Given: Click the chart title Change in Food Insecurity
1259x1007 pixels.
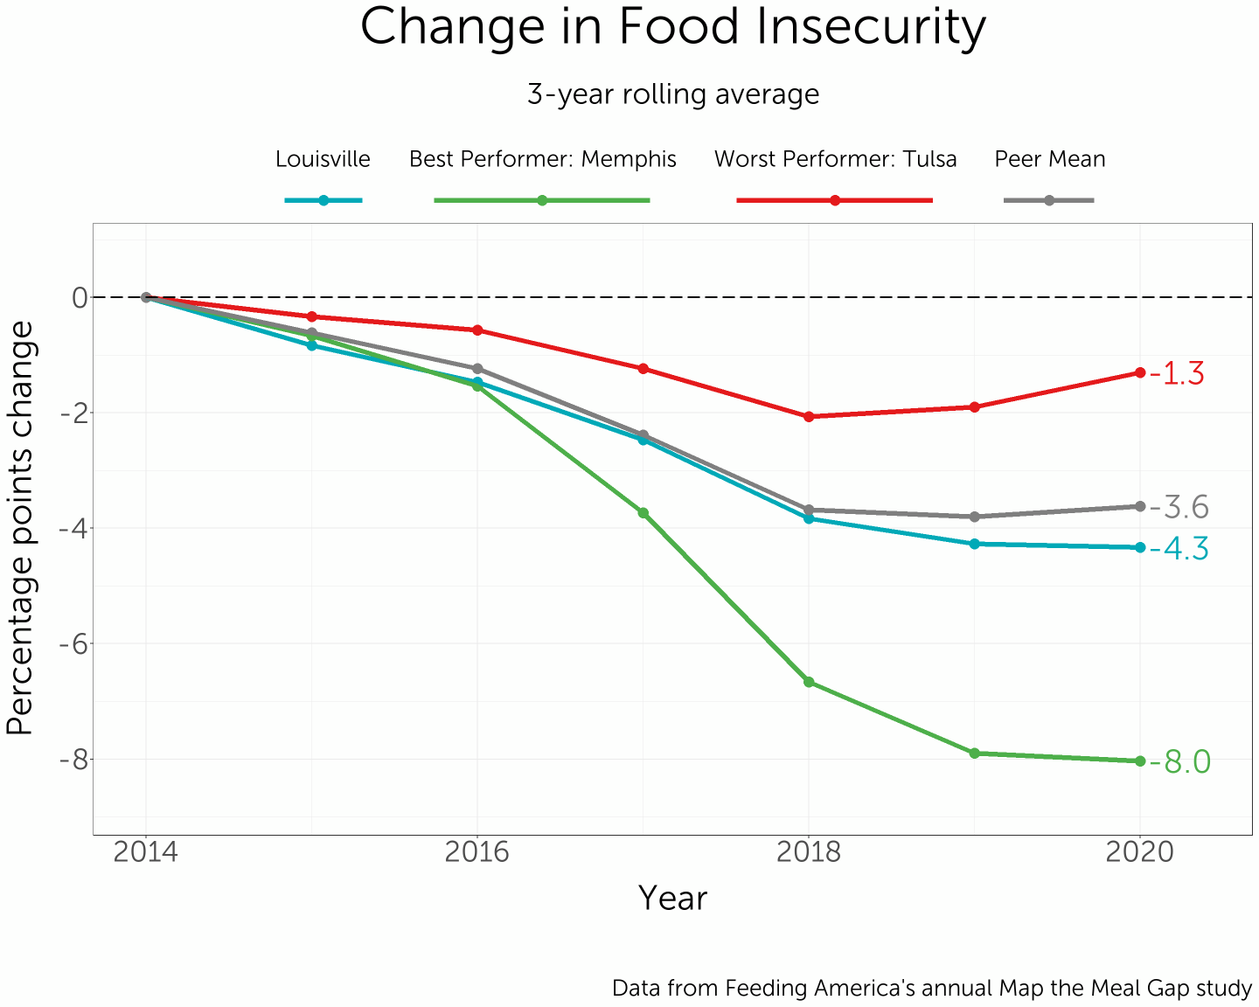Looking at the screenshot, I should tap(672, 28).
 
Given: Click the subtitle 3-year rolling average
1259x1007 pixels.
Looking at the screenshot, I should tap(672, 94).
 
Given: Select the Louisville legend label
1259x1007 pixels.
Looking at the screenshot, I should tap(323, 159).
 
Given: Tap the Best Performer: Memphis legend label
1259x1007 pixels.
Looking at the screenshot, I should tap(542, 159).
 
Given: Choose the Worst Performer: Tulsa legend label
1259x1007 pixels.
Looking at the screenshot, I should tap(835, 159).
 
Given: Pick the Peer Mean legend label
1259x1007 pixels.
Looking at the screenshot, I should tap(1049, 159).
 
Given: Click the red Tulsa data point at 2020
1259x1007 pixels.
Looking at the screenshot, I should tap(1140, 372).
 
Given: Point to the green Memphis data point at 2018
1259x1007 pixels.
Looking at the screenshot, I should tap(809, 682).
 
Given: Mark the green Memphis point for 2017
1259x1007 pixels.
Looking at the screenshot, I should tap(643, 513).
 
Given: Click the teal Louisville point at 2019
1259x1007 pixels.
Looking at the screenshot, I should tap(974, 544).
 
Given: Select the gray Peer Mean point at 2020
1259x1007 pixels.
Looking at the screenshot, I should tap(1140, 506).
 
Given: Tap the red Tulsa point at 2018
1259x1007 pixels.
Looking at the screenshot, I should tap(809, 417).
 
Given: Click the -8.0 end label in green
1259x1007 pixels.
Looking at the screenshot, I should tap(1179, 762).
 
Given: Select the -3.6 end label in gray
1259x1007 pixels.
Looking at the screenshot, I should tap(1179, 507).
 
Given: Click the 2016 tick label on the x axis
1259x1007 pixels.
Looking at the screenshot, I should tap(476, 852).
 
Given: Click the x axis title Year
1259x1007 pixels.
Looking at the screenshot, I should tap(672, 898).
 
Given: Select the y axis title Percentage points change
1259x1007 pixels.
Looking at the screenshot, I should tap(21, 529).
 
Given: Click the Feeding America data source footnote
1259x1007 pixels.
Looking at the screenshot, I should tap(931, 989).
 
